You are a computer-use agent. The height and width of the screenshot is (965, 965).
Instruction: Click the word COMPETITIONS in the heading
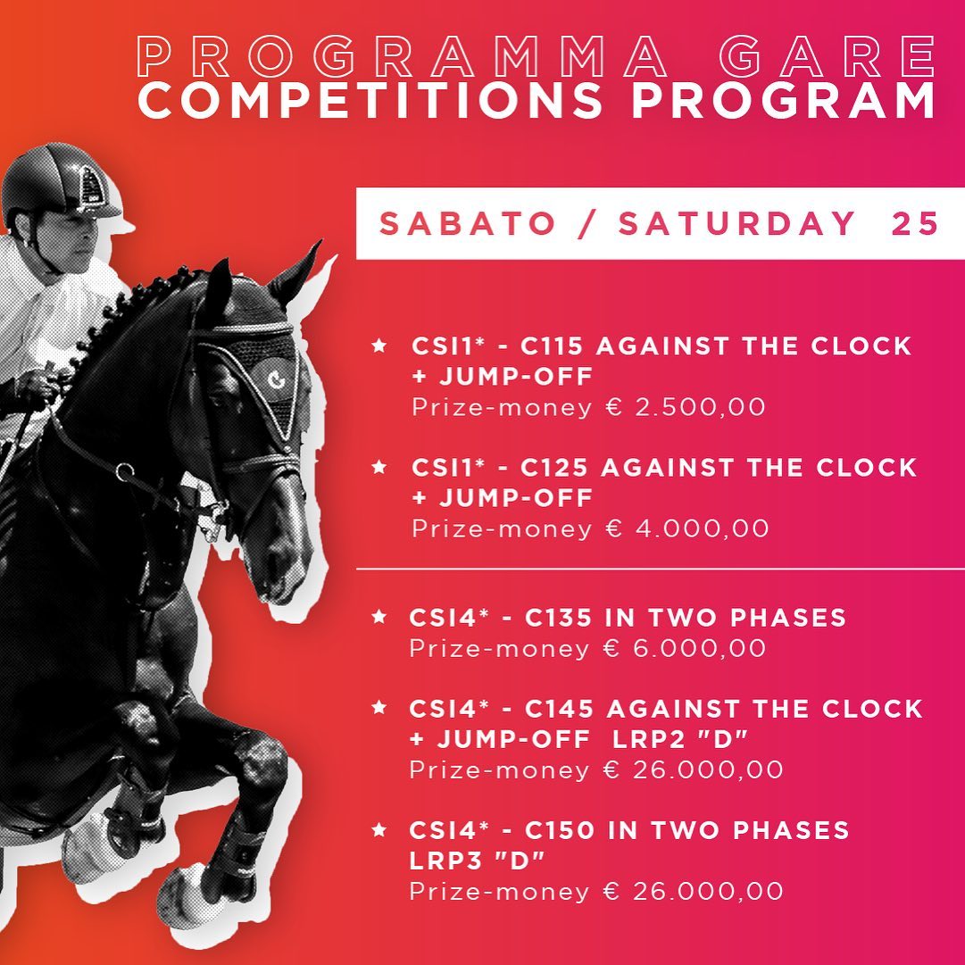370,100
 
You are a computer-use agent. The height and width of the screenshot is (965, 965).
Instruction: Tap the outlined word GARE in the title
828,56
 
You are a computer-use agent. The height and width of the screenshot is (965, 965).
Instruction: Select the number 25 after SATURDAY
914,223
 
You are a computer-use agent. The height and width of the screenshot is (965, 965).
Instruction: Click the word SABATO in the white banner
467,223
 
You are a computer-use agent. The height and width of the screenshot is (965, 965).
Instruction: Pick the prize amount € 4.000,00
686,528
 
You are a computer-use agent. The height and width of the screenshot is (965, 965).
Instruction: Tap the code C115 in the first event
552,345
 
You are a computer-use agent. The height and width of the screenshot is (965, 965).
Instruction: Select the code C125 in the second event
553,468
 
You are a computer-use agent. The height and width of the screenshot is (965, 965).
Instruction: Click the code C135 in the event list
558,617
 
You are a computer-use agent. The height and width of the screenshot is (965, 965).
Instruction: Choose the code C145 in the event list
559,709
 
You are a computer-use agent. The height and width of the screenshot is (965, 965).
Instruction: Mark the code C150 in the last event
560,830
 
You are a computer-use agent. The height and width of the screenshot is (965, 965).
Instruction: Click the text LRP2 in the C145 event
649,739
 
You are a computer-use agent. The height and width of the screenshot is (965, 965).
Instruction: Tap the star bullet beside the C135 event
379,616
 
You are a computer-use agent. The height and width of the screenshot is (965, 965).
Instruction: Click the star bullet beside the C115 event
379,345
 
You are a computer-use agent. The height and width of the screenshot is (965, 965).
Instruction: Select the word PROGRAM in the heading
784,100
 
